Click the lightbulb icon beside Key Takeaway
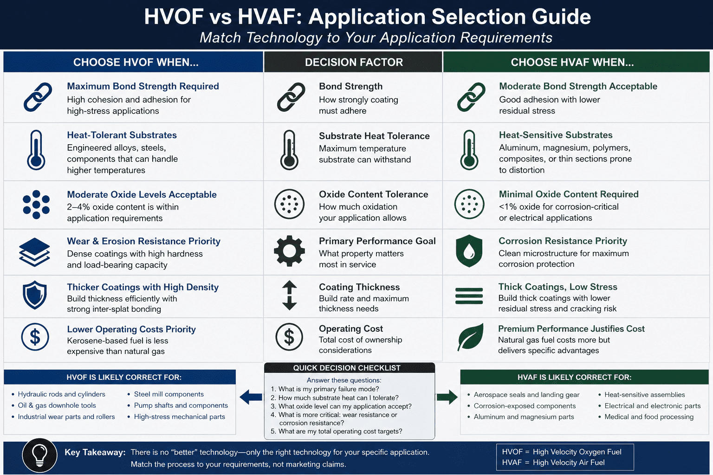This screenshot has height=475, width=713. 39,455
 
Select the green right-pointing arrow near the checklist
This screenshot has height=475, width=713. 447,397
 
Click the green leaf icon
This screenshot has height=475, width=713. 470,337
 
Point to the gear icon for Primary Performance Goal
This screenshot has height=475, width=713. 289,251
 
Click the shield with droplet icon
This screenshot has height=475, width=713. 469,251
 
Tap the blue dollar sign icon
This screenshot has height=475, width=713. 35,337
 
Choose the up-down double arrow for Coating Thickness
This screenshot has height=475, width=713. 289,295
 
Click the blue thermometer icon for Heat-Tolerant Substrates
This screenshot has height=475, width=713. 36,150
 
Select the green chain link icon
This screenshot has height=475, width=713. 471,97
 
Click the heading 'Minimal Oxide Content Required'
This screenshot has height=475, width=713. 569,194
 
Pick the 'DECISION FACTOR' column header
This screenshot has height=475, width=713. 354,62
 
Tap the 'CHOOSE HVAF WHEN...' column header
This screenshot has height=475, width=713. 572,62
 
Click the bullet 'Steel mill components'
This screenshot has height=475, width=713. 169,394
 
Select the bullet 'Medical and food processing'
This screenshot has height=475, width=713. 648,417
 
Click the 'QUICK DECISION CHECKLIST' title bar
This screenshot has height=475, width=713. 347,368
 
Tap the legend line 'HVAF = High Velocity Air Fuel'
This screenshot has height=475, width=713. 553,462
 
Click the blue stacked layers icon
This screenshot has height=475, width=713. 34,252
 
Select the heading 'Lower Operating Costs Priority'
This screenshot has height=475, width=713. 131,329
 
